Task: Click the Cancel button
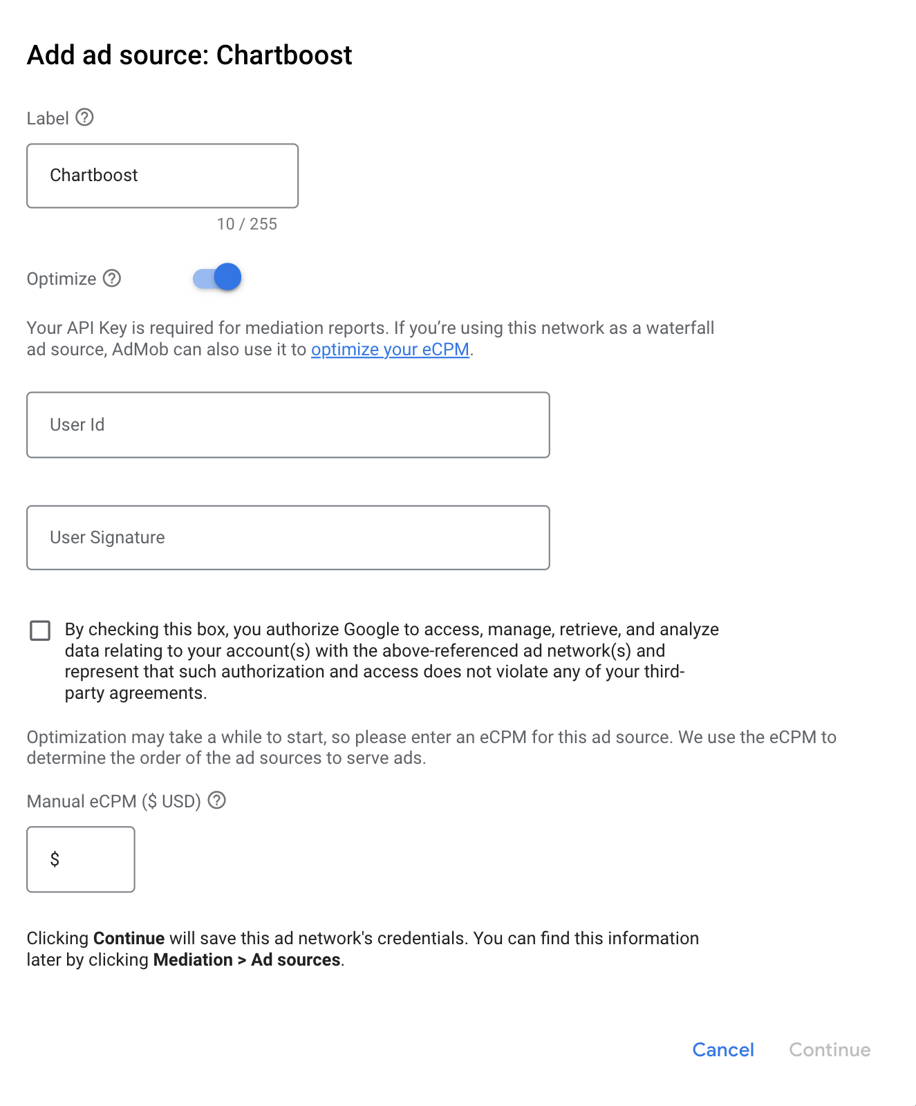pos(722,1049)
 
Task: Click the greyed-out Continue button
pos(830,1049)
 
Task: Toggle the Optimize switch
pos(217,278)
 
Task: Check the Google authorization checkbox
pos(40,630)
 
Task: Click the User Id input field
pos(288,424)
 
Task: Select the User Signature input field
pos(288,538)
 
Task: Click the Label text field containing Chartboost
pos(162,176)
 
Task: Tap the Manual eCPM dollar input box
pos(81,859)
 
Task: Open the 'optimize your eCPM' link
pos(390,350)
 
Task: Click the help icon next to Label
pos(84,118)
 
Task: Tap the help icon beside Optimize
pos(112,278)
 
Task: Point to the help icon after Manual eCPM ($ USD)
pos(217,800)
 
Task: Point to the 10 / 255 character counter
pos(247,224)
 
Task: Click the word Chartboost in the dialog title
pos(284,55)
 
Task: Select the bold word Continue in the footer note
pos(129,938)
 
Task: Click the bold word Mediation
pos(193,959)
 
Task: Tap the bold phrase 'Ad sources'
pos(295,959)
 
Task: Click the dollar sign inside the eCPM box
pos(55,859)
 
